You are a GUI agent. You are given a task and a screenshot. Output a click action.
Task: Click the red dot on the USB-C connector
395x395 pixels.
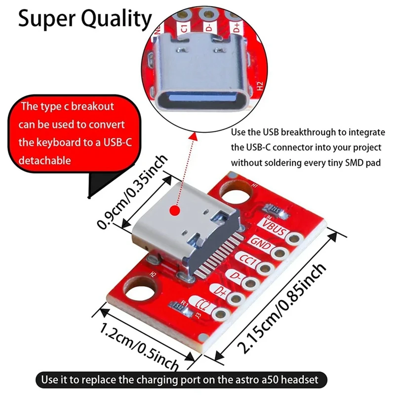pyautogui.click(x=174, y=211)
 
